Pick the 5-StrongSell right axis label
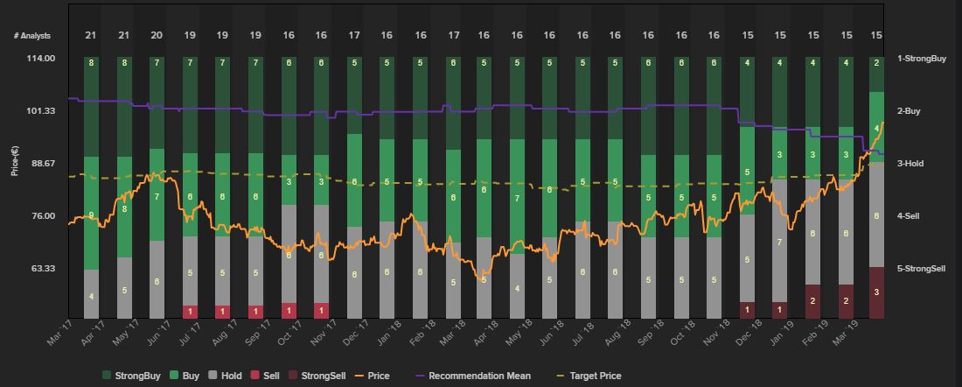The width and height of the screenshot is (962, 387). (921, 268)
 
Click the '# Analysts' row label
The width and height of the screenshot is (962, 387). (32, 36)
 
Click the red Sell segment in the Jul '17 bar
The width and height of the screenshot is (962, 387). (190, 312)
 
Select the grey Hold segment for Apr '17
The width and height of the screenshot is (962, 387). (91, 294)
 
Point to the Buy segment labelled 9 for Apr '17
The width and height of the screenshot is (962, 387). (91, 214)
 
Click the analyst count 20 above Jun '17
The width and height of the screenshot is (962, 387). (157, 36)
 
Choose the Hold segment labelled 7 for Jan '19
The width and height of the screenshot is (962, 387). (779, 241)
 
